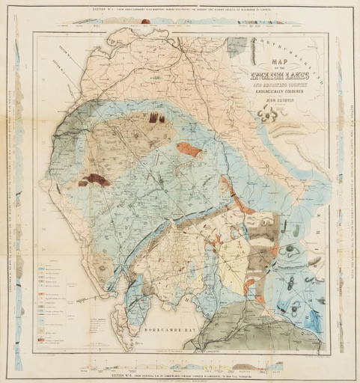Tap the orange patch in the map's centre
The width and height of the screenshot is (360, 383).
coord(190,150)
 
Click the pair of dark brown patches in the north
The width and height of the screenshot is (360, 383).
coord(156,117)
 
